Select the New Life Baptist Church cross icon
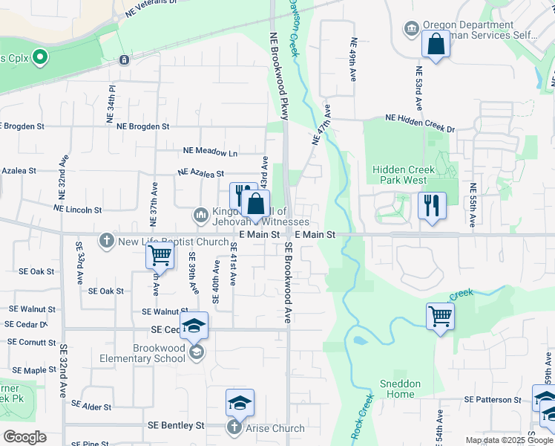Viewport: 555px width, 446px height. (107, 241)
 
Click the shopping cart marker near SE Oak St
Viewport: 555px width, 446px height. (160, 256)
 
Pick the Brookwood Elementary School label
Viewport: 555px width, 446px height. (160, 353)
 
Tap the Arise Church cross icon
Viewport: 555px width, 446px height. (234, 427)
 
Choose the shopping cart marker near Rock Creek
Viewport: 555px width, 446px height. (440, 317)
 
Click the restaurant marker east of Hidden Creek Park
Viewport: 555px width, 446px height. (432, 204)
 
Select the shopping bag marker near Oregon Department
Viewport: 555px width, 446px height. (436, 44)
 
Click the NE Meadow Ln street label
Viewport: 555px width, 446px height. (211, 153)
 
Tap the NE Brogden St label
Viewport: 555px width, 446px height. (143, 127)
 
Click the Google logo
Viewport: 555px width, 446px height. (24, 437)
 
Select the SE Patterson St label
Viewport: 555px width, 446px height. (493, 400)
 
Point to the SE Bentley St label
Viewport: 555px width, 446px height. (176, 426)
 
